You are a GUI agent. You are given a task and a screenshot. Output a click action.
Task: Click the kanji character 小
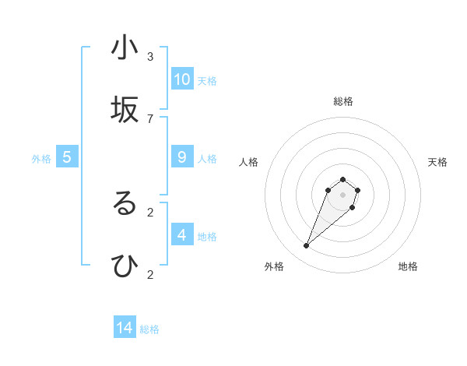point(125,48)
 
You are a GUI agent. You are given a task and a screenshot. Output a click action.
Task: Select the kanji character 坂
point(125,111)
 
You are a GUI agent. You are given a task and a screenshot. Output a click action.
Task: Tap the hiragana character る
point(125,204)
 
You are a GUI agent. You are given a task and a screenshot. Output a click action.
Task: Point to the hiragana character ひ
point(125,266)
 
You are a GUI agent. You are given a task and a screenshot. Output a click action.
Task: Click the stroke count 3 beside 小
point(150,56)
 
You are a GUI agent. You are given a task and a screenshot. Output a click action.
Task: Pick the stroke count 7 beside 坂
point(150,118)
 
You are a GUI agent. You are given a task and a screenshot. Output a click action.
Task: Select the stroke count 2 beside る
point(150,212)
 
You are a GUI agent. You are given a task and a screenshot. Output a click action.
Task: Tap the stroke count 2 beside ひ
point(150,274)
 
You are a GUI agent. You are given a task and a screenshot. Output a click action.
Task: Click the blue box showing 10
point(182,79)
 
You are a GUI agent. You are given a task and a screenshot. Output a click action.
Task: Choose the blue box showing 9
point(182,157)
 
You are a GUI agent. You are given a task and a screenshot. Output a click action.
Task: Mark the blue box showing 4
point(182,235)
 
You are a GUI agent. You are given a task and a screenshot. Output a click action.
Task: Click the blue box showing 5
point(67,157)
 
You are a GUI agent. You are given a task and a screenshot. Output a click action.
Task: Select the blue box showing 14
point(125,328)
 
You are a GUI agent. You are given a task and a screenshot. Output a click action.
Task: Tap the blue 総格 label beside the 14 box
point(149,329)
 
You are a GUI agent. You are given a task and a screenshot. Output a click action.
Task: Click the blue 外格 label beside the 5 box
point(41,159)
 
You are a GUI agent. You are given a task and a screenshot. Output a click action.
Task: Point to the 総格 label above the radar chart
point(342,101)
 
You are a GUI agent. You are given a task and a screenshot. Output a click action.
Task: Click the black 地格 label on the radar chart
point(408,266)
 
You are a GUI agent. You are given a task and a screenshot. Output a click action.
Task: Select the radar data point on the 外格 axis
point(307,246)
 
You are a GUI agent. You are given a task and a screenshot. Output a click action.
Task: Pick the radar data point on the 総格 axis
point(342,178)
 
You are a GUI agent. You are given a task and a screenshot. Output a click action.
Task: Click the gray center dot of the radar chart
point(342,195)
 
